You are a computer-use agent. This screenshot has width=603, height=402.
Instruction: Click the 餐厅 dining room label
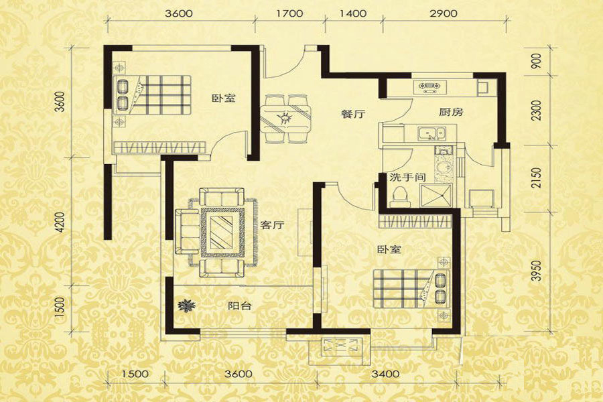tap(353, 114)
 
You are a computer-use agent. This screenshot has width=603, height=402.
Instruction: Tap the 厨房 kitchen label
tap(451, 112)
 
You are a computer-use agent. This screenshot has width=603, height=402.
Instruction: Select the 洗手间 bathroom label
tap(407, 178)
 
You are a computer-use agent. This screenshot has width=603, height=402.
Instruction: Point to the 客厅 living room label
tap(272, 225)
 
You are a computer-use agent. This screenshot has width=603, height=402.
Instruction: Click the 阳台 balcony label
tap(240, 306)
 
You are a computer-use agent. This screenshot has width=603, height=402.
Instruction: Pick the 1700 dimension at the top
tap(290, 13)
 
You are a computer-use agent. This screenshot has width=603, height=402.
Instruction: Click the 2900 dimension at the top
tap(444, 13)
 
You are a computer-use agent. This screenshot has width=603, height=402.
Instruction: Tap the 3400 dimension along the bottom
tap(386, 374)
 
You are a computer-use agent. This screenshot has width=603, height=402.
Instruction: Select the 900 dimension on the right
tap(537, 61)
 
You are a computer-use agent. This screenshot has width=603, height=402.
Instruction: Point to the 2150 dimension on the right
tap(537, 178)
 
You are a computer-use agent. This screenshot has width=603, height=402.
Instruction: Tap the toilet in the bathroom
tap(399, 196)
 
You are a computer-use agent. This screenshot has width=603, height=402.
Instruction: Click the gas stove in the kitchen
tap(430, 87)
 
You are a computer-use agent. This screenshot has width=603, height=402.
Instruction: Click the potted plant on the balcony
tap(186, 306)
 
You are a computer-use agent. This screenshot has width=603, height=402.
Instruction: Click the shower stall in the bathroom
tap(436, 196)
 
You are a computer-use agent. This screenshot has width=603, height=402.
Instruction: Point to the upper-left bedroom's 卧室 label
tap(224, 98)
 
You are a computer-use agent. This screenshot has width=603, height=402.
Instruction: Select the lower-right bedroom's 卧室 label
tap(389, 250)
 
